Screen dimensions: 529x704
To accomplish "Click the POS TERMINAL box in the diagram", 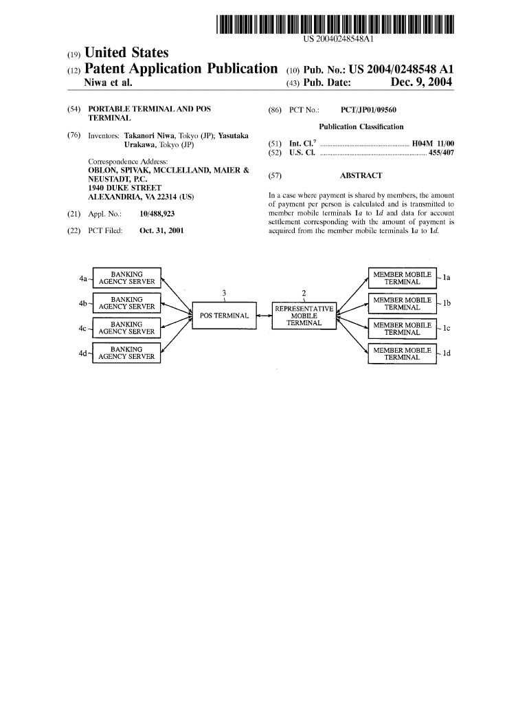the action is (225, 316).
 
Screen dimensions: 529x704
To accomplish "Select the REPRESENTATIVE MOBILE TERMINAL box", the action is (304, 316).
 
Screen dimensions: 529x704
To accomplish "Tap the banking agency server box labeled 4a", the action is (126, 278).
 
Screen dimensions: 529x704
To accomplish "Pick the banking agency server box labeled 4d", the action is (126, 353).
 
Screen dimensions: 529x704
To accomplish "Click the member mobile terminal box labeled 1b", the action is (402, 303).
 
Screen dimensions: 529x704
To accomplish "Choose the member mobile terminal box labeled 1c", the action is (402, 329).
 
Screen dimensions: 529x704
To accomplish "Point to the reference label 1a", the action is (447, 278).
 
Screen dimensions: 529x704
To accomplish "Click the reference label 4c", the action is (82, 328).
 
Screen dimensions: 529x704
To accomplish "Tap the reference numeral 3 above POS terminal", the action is (225, 293).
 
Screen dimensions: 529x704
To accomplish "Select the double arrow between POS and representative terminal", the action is (264, 316).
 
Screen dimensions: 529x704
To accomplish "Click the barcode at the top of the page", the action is (335, 24).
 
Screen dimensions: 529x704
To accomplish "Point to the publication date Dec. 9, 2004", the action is (421, 82).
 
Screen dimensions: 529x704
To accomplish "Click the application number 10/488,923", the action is (157, 214).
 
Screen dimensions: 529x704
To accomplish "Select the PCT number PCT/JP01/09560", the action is (368, 109).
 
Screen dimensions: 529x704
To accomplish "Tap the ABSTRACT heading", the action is (361, 175).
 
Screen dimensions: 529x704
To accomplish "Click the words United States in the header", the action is (126, 52).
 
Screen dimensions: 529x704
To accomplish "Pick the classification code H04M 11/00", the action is (433, 144).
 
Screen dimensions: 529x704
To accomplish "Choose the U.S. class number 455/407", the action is (442, 153).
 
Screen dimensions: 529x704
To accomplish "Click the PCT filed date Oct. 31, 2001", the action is (161, 231).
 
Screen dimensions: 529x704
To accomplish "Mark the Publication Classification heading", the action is (361, 126).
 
